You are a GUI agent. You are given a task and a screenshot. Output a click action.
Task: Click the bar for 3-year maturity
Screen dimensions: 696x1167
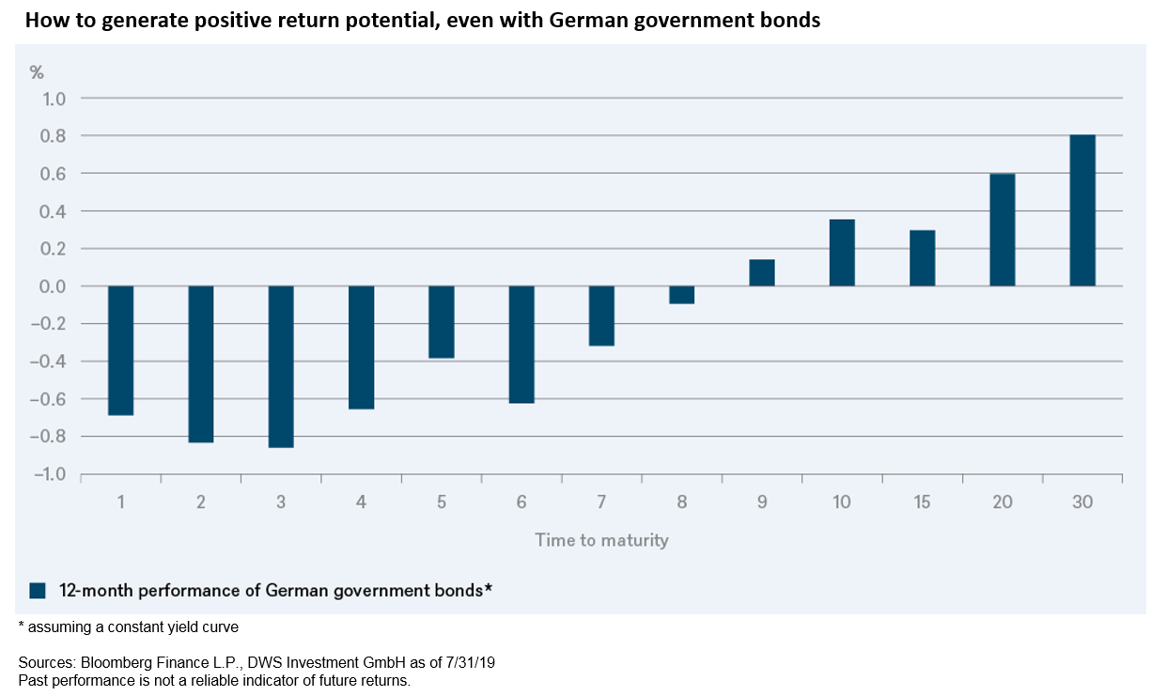(x=281, y=366)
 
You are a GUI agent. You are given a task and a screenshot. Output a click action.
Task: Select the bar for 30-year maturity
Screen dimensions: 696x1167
(x=1082, y=210)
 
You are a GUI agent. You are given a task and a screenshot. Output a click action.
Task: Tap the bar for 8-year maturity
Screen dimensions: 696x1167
(x=681, y=295)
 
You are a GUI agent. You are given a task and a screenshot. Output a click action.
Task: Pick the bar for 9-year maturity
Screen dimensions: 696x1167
(x=762, y=272)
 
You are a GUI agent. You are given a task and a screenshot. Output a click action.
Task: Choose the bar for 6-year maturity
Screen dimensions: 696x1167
(x=521, y=344)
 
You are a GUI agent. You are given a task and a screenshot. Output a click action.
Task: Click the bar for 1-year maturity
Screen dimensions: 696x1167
(x=121, y=350)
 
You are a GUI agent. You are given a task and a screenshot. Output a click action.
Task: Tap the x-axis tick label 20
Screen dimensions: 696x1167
(x=1002, y=503)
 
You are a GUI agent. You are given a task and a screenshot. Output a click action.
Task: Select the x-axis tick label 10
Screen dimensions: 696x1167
(x=841, y=503)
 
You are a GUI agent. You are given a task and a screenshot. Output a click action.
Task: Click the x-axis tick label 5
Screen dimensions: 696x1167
(x=442, y=503)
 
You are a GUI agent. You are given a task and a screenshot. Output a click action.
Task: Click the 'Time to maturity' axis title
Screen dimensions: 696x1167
(x=601, y=540)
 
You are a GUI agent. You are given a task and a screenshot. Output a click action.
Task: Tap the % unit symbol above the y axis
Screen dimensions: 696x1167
(x=37, y=72)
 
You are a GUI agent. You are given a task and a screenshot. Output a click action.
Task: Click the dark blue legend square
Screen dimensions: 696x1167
(x=38, y=591)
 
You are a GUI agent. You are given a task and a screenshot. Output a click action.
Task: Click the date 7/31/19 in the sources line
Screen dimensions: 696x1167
(x=469, y=663)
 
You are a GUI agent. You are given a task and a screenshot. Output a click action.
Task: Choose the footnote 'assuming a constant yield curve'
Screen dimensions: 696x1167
(x=132, y=626)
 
